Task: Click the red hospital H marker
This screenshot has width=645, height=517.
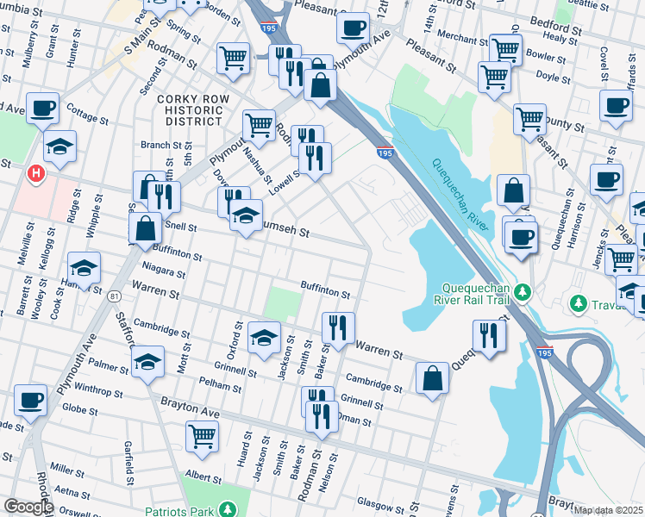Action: [35, 173]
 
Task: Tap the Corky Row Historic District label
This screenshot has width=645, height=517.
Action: [193, 110]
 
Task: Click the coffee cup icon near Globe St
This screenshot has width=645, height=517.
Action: [30, 400]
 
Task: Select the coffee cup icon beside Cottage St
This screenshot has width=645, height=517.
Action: [42, 109]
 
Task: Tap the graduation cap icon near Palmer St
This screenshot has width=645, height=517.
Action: [149, 360]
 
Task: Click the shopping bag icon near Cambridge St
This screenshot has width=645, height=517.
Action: [432, 377]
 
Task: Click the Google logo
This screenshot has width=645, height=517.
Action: [28, 507]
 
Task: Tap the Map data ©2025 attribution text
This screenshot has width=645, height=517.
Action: [608, 510]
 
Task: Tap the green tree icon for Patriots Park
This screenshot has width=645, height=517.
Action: [229, 511]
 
